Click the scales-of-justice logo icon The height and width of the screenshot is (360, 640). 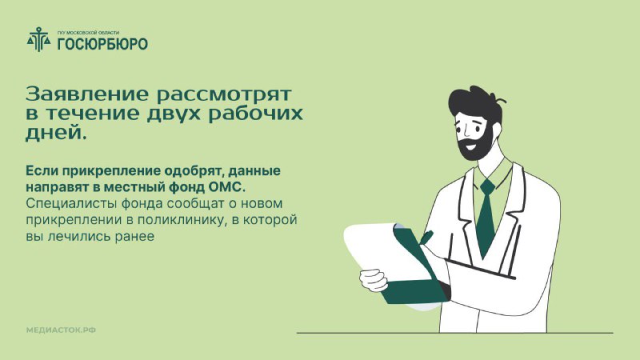click(x=39, y=39)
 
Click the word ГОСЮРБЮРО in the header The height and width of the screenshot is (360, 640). click(x=102, y=44)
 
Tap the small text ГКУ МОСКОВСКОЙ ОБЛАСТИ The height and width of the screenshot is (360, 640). click(x=88, y=33)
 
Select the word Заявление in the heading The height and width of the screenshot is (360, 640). click(x=87, y=94)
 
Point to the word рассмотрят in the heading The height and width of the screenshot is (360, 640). click(x=224, y=95)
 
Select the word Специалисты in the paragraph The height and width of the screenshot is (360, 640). click(x=66, y=204)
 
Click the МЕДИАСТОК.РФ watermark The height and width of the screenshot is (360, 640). click(x=61, y=330)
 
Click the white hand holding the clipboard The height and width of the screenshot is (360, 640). click(x=374, y=279)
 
